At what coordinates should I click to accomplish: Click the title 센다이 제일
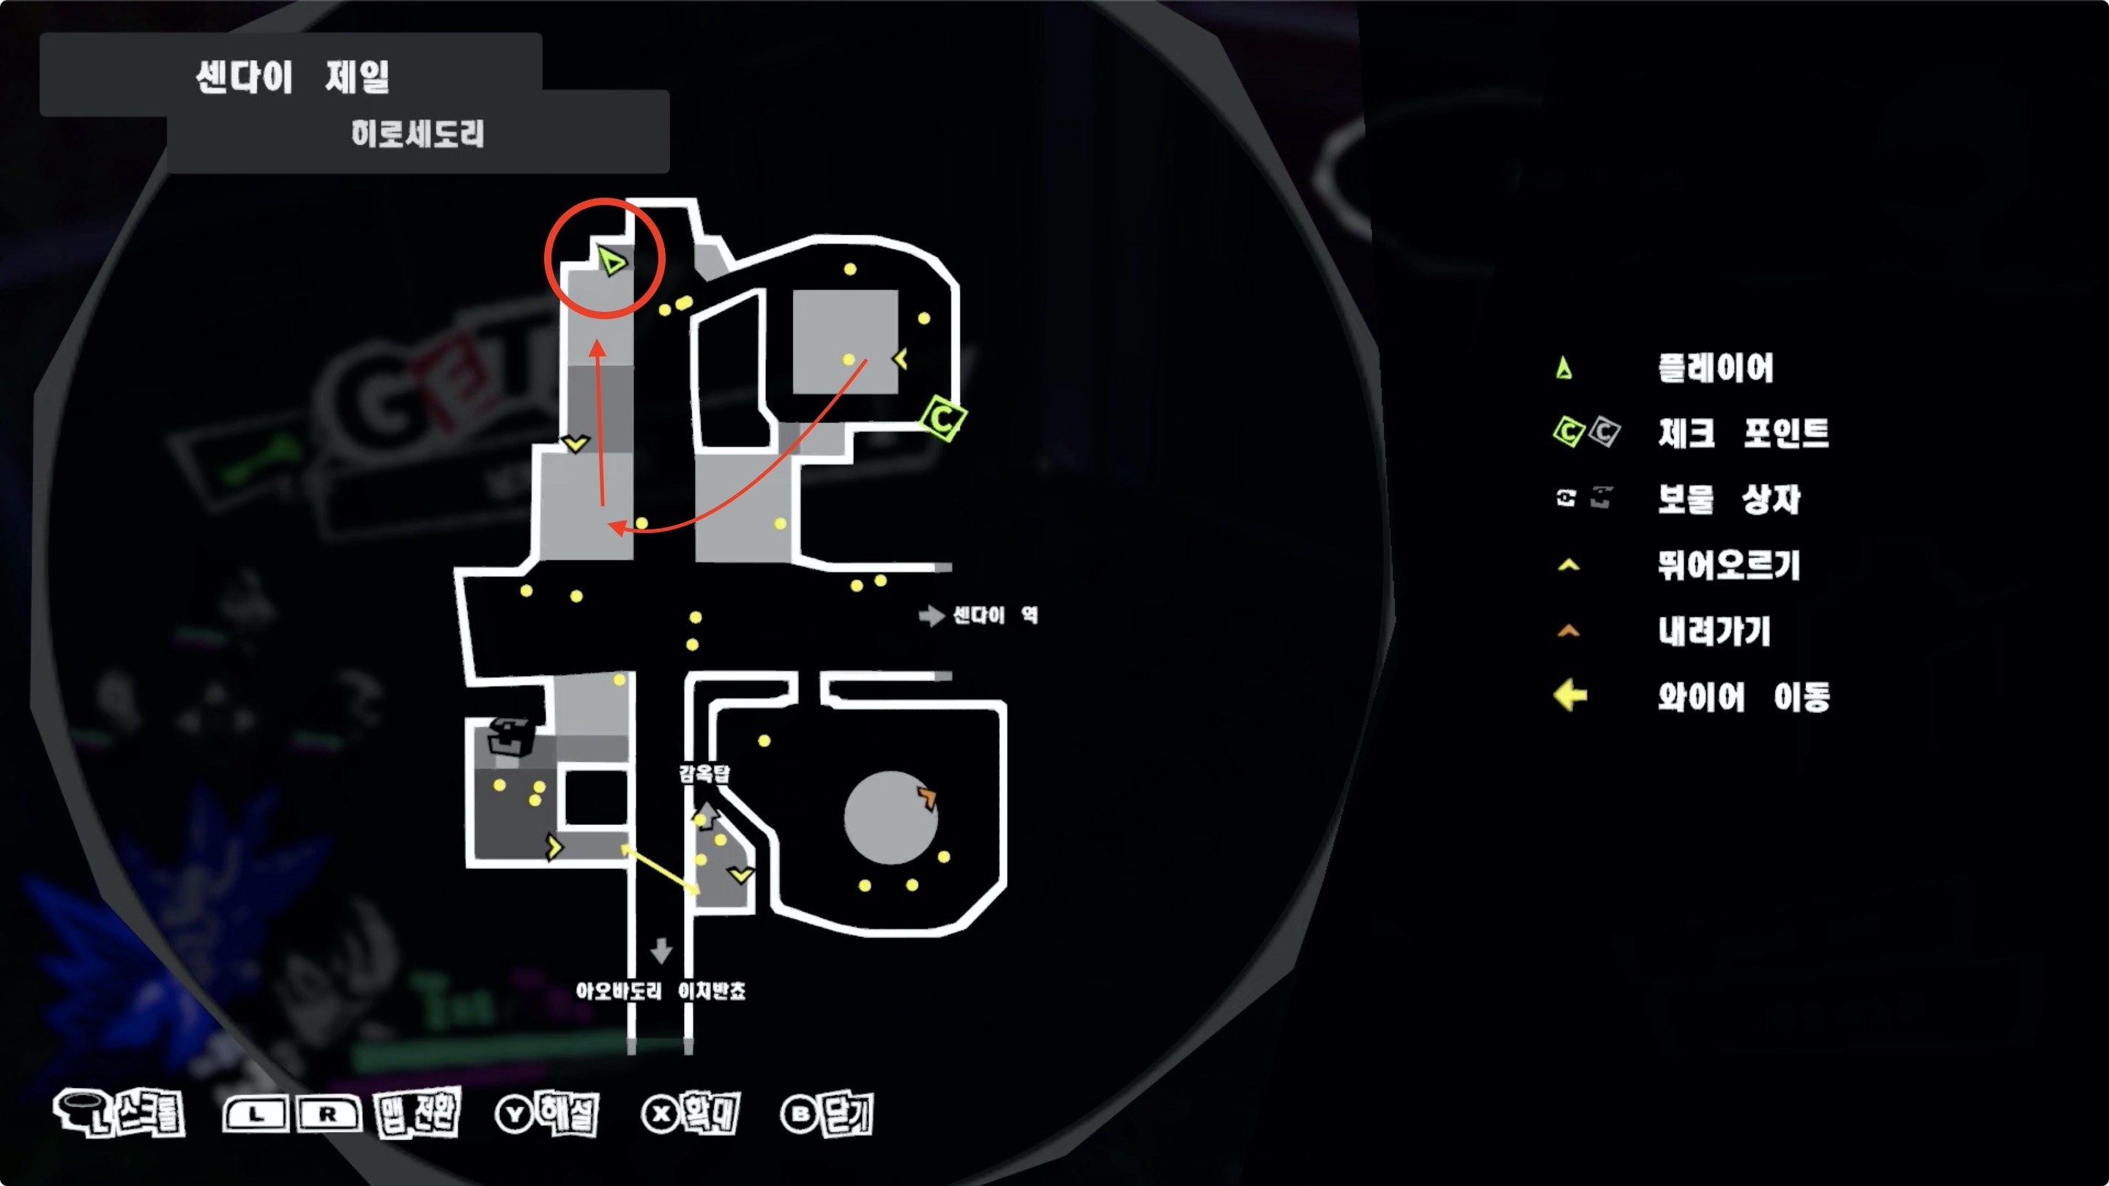292,78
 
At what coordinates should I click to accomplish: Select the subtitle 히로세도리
417,133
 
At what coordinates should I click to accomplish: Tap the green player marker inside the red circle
611,261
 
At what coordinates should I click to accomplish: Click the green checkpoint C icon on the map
943,419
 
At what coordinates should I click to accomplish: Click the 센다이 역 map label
994,616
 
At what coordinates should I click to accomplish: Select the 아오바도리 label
618,991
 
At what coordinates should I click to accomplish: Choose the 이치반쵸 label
713,991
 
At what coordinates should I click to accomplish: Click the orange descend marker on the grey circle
927,797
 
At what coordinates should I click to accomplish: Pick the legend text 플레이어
1716,368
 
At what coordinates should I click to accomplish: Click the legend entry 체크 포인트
1743,433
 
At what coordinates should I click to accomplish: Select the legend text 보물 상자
1729,499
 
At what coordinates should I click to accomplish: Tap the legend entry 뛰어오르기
1729,564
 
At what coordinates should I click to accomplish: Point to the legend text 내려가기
1714,631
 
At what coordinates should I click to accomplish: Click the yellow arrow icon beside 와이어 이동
1570,696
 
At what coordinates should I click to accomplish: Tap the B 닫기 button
827,1113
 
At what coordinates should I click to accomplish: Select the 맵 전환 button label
417,1113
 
